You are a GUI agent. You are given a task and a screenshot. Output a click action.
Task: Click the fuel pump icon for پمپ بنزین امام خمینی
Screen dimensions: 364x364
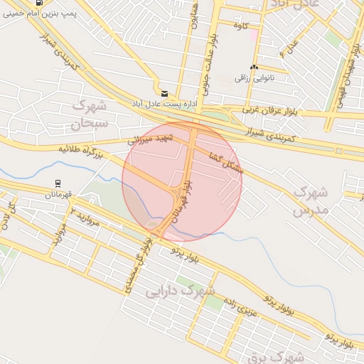[x=39, y=3]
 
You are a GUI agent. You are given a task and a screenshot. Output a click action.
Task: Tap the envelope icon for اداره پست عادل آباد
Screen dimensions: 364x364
[x=165, y=93]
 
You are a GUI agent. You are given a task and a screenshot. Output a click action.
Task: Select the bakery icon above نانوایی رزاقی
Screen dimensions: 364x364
[x=254, y=67]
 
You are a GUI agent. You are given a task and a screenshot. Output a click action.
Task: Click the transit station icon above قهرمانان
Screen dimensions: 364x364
[x=57, y=183]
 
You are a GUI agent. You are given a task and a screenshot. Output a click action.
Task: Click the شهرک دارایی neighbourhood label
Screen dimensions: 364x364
[x=180, y=291]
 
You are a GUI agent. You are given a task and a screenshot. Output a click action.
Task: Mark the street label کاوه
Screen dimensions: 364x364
[x=240, y=26]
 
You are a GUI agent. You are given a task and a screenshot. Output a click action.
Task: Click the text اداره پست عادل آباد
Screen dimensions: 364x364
[x=161, y=105]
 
